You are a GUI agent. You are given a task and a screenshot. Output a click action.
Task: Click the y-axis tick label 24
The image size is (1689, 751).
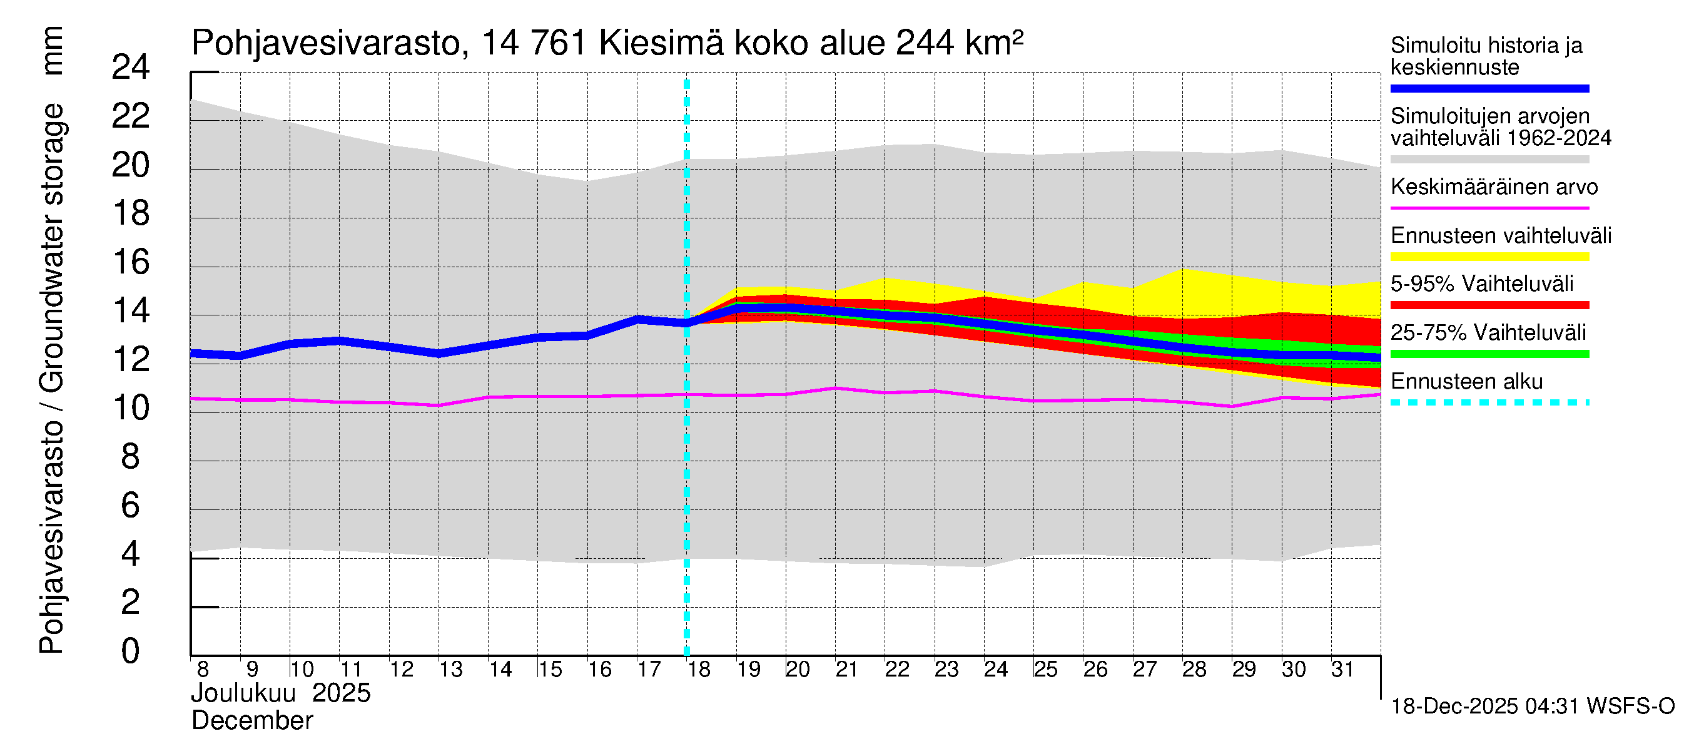coord(131,68)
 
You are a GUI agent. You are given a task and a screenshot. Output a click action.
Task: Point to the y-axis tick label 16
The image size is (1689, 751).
coord(131,262)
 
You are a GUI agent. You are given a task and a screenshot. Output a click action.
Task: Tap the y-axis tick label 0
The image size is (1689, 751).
coord(131,651)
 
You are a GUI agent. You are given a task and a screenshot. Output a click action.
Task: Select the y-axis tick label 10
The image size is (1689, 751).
coord(131,408)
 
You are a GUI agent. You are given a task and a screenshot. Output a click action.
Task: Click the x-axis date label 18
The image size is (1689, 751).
coord(699,670)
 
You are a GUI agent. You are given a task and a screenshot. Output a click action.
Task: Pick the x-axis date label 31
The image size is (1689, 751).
coord(1342,670)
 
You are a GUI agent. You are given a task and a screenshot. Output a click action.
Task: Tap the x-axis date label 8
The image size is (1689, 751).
coord(203,670)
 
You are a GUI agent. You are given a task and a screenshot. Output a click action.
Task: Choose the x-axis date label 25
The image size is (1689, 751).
coord(1045,670)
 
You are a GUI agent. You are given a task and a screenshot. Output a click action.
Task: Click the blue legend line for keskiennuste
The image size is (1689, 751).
coord(1489,88)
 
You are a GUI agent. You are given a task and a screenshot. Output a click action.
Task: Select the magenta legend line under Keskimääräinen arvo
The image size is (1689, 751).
coord(1489,208)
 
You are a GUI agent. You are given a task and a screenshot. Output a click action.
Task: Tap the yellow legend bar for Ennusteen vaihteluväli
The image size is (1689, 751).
coord(1489,257)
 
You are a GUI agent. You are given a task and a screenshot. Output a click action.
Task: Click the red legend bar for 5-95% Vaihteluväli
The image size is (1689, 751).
coord(1489,305)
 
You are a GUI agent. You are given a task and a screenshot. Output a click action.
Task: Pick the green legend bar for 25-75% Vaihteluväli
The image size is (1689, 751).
coord(1489,354)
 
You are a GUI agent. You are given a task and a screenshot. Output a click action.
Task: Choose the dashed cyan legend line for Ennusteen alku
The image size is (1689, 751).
coord(1489,402)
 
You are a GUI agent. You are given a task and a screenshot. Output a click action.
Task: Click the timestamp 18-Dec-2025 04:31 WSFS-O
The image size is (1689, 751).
coord(1532,707)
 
